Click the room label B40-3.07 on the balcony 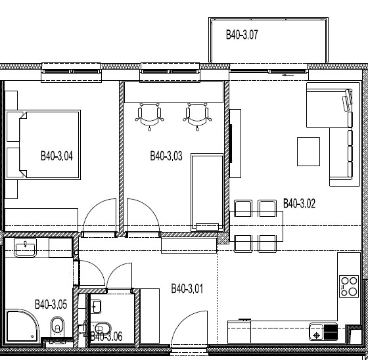click(242, 35)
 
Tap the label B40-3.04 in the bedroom click(57, 156)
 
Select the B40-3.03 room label click(166, 156)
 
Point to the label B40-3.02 click(299, 203)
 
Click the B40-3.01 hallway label click(187, 288)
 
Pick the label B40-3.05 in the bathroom click(51, 304)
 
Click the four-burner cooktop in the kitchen click(349, 286)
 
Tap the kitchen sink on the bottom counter click(316, 332)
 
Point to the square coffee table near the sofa click(308, 152)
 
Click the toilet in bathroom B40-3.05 click(57, 327)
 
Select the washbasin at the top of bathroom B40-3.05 click(26, 248)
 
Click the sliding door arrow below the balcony click(288, 75)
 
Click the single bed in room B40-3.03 click(207, 192)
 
